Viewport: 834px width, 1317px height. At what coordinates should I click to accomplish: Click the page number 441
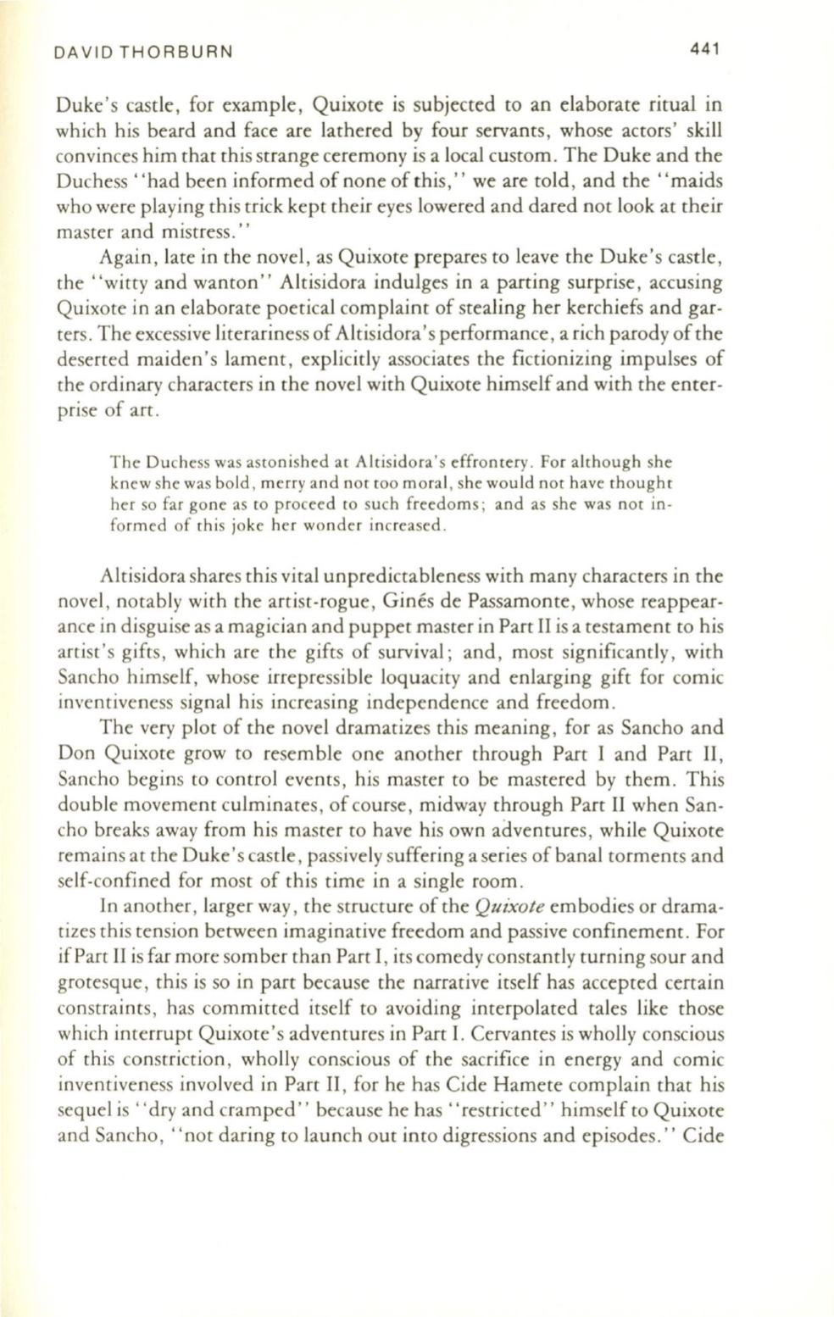[704, 49]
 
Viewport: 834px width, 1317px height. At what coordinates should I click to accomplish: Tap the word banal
[579, 856]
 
